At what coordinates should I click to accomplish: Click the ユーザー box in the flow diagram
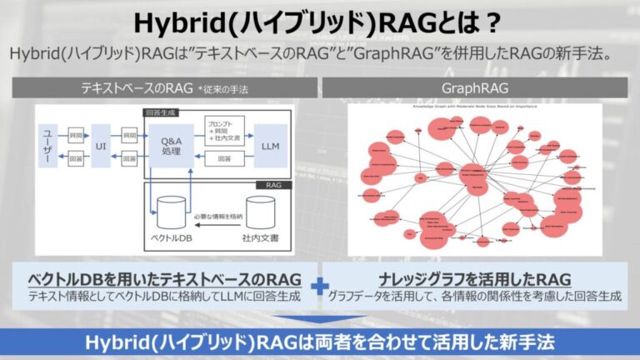click(x=47, y=146)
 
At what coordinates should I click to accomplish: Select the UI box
click(x=102, y=146)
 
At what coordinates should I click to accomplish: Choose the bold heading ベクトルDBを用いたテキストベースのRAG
click(x=166, y=278)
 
